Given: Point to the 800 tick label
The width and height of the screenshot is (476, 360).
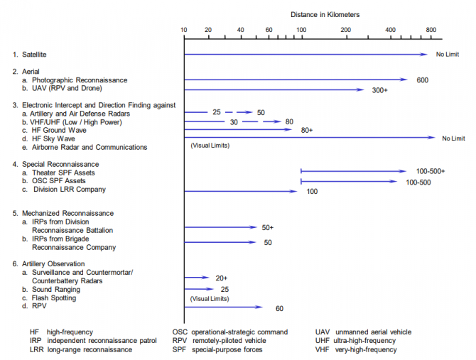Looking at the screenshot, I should pos(431,30).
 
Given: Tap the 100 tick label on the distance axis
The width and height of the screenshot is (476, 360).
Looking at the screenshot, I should pos(301,30).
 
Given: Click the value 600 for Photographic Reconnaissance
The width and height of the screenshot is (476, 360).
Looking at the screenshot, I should pos(422,80).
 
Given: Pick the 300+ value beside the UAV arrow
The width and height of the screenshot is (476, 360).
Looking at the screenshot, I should pos(380,90).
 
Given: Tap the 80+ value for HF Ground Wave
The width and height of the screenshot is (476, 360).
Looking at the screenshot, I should pos(307,131).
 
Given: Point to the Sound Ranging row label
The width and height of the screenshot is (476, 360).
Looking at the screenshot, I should pos(53,289).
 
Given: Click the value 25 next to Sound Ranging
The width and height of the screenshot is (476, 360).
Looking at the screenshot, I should pos(225,289).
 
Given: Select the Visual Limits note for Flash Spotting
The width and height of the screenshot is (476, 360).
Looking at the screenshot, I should pos(210,298).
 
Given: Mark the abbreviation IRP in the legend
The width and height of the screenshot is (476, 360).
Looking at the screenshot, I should pos(36,341).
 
